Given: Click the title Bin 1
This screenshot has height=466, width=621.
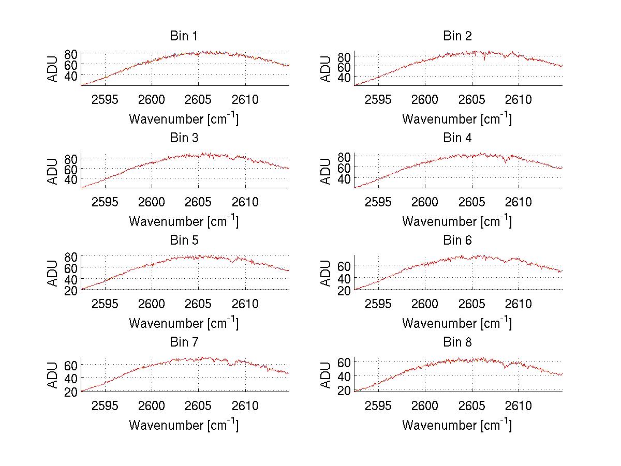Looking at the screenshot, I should tap(183, 36).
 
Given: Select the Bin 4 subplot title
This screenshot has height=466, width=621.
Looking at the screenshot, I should tap(457, 138).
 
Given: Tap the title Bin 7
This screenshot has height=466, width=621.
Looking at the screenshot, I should tap(183, 342).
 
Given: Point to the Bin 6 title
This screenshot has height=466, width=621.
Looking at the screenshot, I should tap(457, 240).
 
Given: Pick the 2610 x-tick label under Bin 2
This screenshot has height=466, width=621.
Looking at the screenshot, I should tap(519, 100).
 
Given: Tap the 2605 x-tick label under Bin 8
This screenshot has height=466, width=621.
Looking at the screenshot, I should tap(472, 406).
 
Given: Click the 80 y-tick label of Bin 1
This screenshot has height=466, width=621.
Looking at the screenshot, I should tap(71, 53).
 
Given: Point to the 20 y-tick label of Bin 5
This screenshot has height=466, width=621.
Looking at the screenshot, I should tap(71, 290).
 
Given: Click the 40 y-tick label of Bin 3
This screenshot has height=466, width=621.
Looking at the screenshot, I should tap(71, 179).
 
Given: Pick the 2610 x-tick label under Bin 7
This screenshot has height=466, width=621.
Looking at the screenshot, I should tap(245, 406).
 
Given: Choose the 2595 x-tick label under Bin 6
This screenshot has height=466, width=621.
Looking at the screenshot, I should tap(378, 304).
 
